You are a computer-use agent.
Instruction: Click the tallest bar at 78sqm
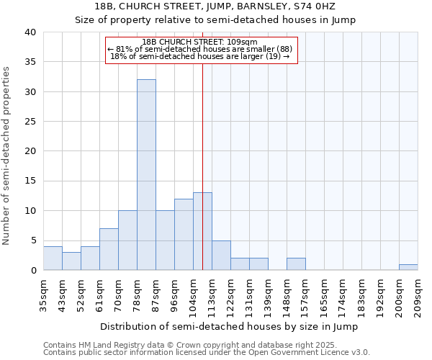146,175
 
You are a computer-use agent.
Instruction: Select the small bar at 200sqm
408,267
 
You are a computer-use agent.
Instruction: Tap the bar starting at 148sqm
296,264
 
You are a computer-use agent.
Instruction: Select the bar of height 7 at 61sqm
109,249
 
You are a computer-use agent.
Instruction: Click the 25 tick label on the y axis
30,122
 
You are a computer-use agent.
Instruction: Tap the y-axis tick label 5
33,240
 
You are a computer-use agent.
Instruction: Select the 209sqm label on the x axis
418,293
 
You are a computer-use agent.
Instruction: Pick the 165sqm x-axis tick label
324,293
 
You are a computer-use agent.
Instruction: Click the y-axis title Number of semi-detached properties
6,156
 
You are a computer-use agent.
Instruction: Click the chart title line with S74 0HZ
215,7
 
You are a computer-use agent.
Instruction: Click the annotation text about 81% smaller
199,49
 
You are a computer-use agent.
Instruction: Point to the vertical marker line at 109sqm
202,166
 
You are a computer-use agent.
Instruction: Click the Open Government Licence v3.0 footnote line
207,353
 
